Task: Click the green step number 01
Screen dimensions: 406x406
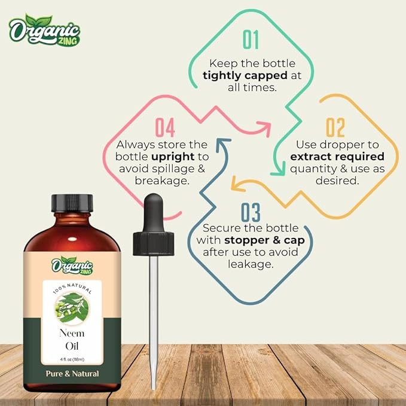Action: click(251, 39)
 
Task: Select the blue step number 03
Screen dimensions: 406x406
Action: click(251, 213)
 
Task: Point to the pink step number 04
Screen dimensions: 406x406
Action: click(165, 127)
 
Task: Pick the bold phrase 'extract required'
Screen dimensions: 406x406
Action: click(337, 157)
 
